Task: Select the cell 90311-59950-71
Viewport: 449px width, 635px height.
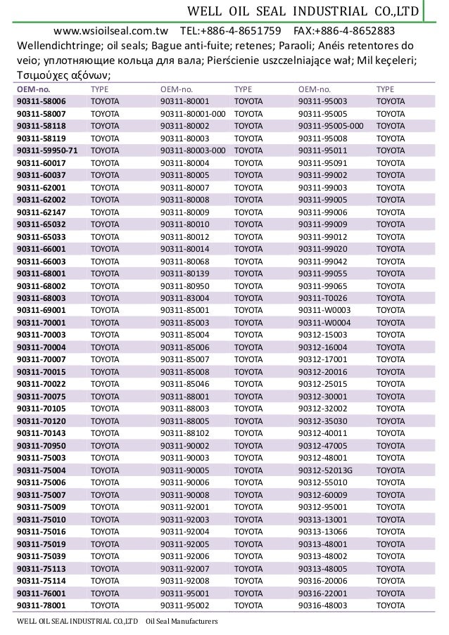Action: point(48,150)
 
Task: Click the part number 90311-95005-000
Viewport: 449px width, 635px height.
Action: point(331,126)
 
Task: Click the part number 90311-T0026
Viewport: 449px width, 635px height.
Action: point(323,297)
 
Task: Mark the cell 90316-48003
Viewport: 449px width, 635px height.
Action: point(322,605)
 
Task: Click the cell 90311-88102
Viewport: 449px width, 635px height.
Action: point(184,432)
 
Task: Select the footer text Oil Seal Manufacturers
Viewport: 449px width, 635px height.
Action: point(182,622)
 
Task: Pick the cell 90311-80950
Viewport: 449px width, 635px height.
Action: point(184,286)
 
